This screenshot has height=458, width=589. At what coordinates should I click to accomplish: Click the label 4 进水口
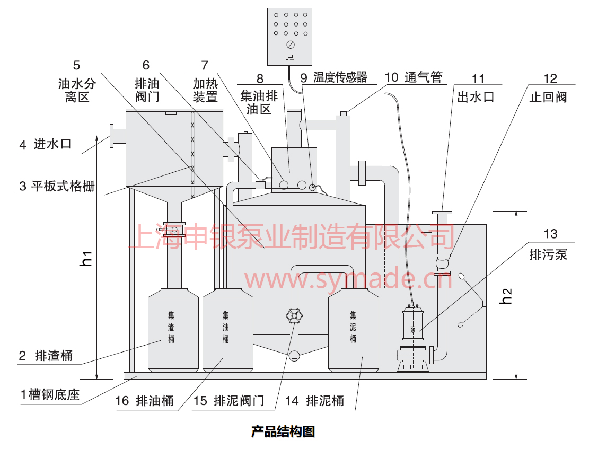tap(45, 144)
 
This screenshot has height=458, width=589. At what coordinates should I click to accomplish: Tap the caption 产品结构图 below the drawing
tap(283, 431)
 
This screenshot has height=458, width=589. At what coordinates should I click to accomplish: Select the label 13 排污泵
tap(548, 245)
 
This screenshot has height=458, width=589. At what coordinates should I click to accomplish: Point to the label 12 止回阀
tap(548, 89)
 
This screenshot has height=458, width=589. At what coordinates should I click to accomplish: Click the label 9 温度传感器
tap(333, 77)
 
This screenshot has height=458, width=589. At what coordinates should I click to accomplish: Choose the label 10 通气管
tap(414, 77)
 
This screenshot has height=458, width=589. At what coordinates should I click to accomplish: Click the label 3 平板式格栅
tap(57, 187)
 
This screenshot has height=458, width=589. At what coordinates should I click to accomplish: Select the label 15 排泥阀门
tap(228, 401)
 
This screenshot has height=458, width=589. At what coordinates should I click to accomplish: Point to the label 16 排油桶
tap(144, 401)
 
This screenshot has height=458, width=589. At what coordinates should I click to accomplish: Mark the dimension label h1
tap(87, 259)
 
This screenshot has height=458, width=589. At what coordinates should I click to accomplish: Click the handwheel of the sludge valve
tap(294, 316)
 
